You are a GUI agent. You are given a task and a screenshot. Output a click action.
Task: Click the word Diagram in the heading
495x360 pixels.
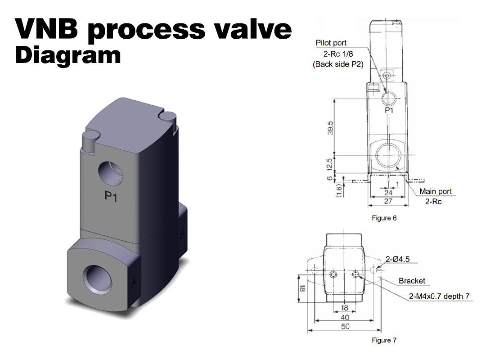(x=68, y=56)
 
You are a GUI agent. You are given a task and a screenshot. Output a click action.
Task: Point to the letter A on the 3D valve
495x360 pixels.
(x=133, y=282)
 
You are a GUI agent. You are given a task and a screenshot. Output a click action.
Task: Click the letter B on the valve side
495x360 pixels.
(x=182, y=234)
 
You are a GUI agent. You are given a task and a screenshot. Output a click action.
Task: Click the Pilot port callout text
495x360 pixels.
(x=331, y=43)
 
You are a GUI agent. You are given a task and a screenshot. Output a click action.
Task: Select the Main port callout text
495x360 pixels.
(x=435, y=191)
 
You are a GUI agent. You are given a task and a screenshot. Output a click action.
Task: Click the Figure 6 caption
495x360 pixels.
(x=384, y=218)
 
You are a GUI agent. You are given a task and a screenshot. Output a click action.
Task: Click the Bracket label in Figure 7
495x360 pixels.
(x=412, y=281)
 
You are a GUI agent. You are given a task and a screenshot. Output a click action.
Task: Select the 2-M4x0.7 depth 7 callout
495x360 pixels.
(x=439, y=296)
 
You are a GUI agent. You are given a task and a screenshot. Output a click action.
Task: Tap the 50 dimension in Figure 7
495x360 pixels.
(x=345, y=326)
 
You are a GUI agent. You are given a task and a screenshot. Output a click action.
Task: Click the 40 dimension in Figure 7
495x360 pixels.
(x=345, y=317)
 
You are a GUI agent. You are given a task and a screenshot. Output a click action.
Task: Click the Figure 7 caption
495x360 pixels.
(x=384, y=340)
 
